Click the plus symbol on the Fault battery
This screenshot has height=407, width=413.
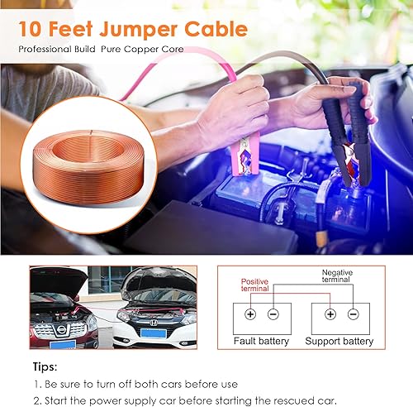(249, 315)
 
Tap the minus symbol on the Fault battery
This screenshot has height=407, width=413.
(273, 315)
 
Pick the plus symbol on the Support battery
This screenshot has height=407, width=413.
(330, 315)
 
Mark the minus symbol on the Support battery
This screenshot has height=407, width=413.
(354, 315)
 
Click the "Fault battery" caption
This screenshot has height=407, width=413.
(260, 340)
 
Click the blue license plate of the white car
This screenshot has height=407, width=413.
(153, 333)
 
